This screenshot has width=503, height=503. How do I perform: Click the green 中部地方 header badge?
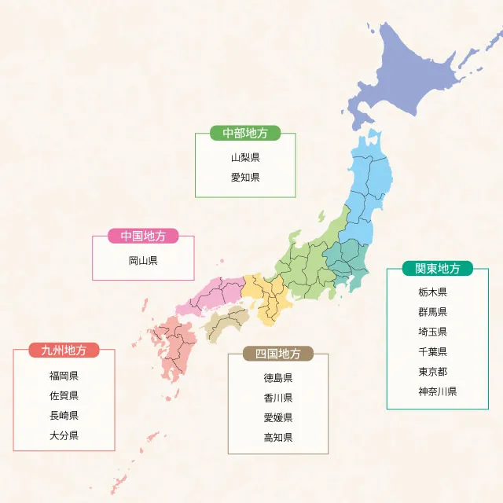coord(245,133)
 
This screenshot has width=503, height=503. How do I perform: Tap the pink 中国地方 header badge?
coord(143,236)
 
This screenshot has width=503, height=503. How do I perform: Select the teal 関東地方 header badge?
coord(438,268)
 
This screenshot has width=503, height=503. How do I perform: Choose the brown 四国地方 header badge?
coord(278,354)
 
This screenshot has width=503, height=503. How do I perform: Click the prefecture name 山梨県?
coord(245,157)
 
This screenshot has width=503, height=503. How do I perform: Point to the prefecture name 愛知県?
coord(245,178)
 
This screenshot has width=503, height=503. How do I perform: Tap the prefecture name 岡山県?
coord(143,260)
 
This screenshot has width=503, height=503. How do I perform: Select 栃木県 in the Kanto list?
coord(433,292)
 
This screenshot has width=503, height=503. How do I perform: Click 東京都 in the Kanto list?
coord(433,371)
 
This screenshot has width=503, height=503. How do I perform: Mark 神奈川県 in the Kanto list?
coord(438,391)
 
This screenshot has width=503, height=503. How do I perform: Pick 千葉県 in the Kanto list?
coord(433,351)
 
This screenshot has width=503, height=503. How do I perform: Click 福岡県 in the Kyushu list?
coord(64,375)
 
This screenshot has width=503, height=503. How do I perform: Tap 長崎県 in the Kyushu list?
coord(64,415)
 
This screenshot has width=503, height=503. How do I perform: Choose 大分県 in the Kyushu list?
coord(64,435)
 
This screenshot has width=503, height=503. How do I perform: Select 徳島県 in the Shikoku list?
coord(278,377)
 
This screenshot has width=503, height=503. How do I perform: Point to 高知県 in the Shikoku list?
coord(278,438)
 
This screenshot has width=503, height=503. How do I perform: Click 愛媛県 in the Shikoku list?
coord(278,417)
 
